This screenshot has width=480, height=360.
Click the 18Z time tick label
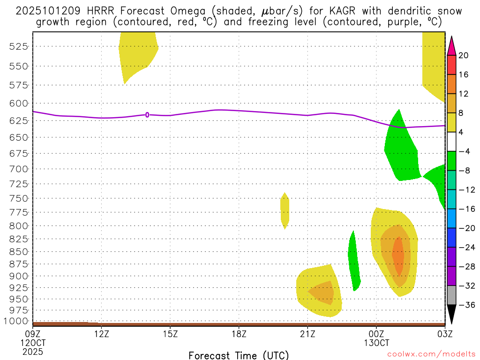(239, 334)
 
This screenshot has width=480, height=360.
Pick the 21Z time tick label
(307, 334)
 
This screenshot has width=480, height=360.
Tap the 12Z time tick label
(101, 334)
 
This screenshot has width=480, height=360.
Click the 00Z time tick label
(376, 334)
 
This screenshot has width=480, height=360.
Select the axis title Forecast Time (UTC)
(239, 355)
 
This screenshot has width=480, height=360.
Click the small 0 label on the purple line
(147, 114)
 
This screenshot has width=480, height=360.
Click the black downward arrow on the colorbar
(451, 314)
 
